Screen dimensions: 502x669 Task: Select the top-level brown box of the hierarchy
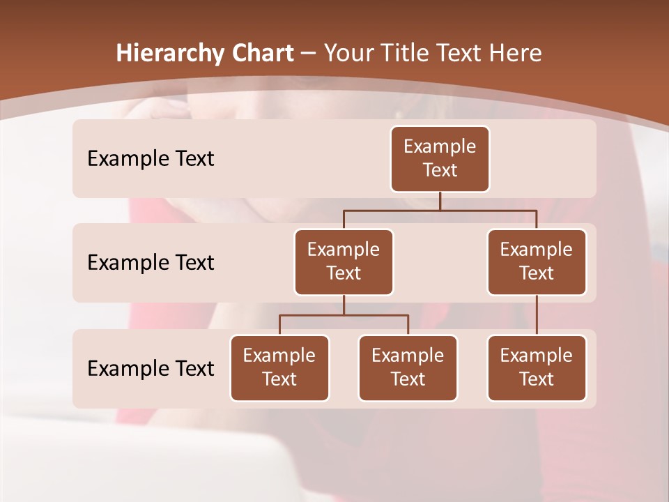click(440, 158)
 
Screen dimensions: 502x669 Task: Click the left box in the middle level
click(344, 261)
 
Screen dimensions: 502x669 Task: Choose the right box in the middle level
click(537, 261)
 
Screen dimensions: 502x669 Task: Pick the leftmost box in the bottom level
click(279, 367)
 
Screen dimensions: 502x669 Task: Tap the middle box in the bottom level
click(408, 367)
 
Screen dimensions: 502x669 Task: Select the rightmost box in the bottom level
click(537, 367)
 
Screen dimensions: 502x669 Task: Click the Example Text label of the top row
click(151, 159)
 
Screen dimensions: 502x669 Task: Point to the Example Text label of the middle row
click(151, 263)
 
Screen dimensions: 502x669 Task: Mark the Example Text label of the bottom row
click(151, 368)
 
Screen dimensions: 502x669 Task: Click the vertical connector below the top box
click(440, 201)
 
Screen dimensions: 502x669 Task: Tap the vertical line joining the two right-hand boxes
click(537, 314)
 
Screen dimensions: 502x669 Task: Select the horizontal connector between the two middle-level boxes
click(440, 210)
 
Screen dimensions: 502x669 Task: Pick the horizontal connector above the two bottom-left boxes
click(344, 315)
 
